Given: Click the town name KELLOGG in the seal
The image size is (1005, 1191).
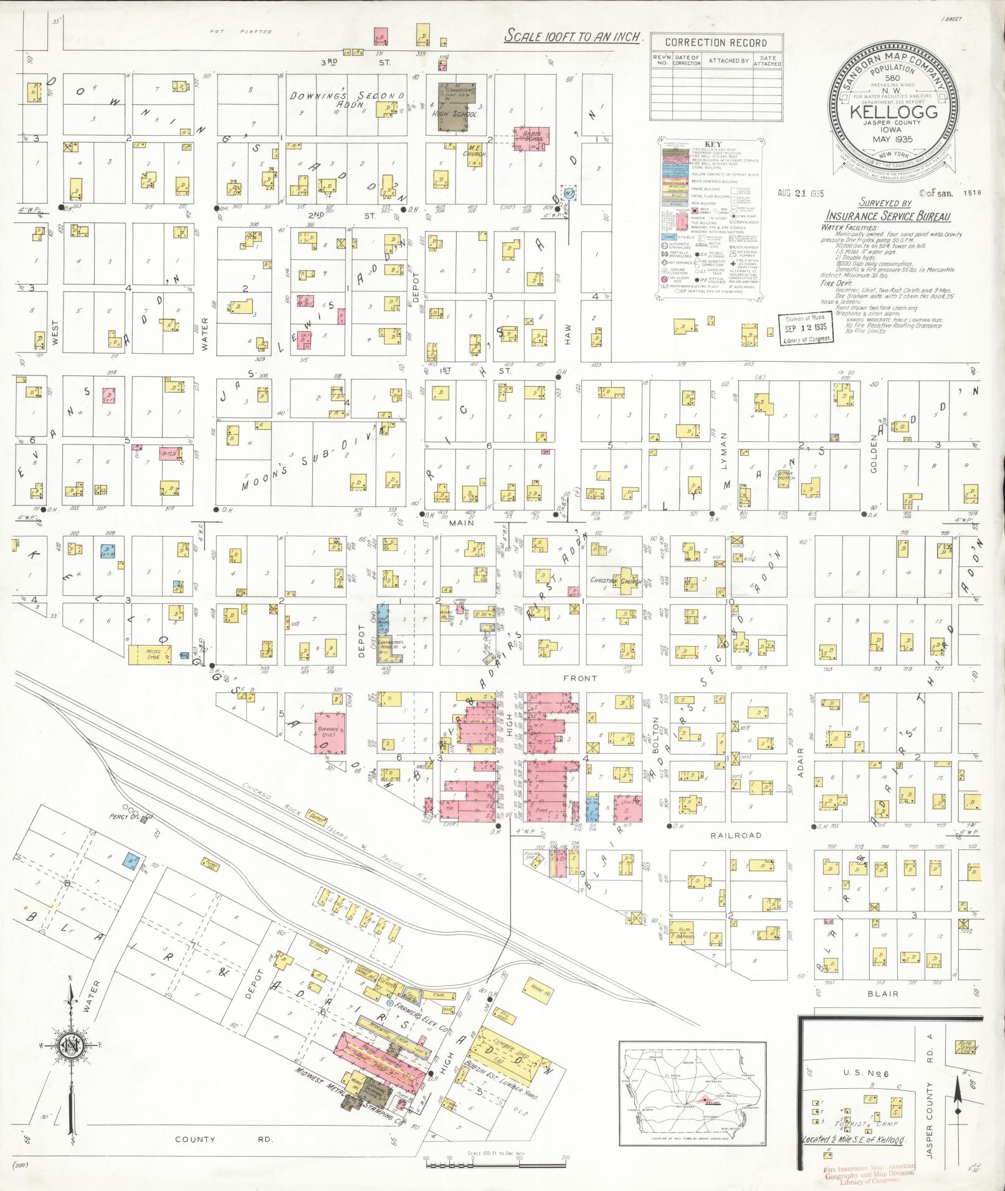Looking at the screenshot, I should click(892, 113).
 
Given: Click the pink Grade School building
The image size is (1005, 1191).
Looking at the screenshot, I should click(530, 138).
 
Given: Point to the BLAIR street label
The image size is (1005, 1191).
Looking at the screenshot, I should click(882, 994).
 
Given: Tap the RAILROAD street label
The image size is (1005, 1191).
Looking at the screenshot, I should click(736, 836).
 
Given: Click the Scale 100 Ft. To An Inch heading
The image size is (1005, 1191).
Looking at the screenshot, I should click(572, 35).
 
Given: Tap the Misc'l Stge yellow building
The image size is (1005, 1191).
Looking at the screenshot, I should click(150, 654).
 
